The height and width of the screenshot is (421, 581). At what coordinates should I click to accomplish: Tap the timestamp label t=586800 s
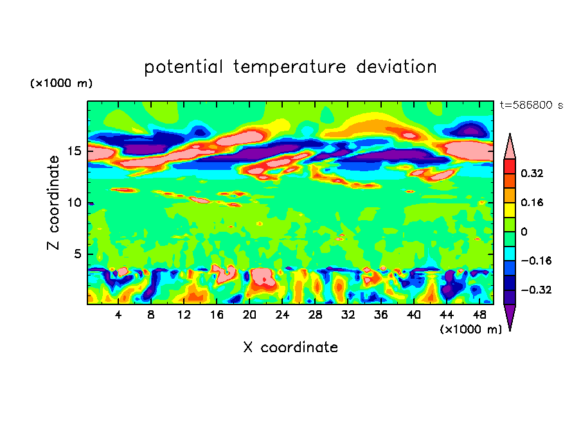(531, 105)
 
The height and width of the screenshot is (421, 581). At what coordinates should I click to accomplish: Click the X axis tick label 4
(118, 315)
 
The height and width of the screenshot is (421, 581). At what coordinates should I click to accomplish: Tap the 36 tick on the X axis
(380, 315)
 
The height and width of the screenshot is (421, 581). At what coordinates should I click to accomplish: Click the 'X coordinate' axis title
(290, 348)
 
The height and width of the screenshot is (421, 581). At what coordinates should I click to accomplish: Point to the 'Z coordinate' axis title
(54, 203)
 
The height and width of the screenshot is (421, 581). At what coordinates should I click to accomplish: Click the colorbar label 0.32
(532, 173)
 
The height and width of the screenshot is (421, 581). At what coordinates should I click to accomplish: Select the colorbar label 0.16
(532, 202)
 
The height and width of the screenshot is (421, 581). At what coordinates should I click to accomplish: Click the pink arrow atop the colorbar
(510, 147)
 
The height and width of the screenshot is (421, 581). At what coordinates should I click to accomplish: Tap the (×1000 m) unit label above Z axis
(61, 84)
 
